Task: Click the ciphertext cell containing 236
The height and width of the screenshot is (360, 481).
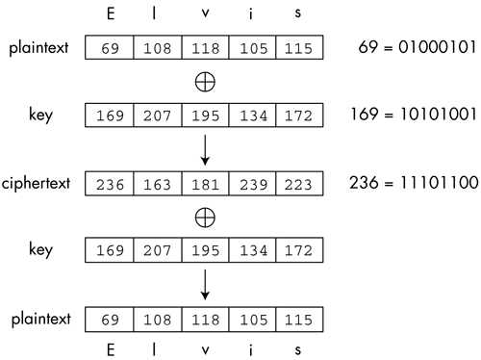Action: tap(109, 183)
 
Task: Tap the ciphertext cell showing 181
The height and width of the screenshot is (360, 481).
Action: tap(204, 183)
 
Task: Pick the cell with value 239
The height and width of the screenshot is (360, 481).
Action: tap(252, 183)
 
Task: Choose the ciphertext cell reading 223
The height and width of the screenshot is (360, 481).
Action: tap(299, 183)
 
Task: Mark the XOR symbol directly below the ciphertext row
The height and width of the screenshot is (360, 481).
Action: tap(204, 219)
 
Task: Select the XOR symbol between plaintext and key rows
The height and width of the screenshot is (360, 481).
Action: tap(204, 82)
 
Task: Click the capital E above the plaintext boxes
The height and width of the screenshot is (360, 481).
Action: tap(109, 16)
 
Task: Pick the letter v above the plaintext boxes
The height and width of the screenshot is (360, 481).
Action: tap(204, 16)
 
